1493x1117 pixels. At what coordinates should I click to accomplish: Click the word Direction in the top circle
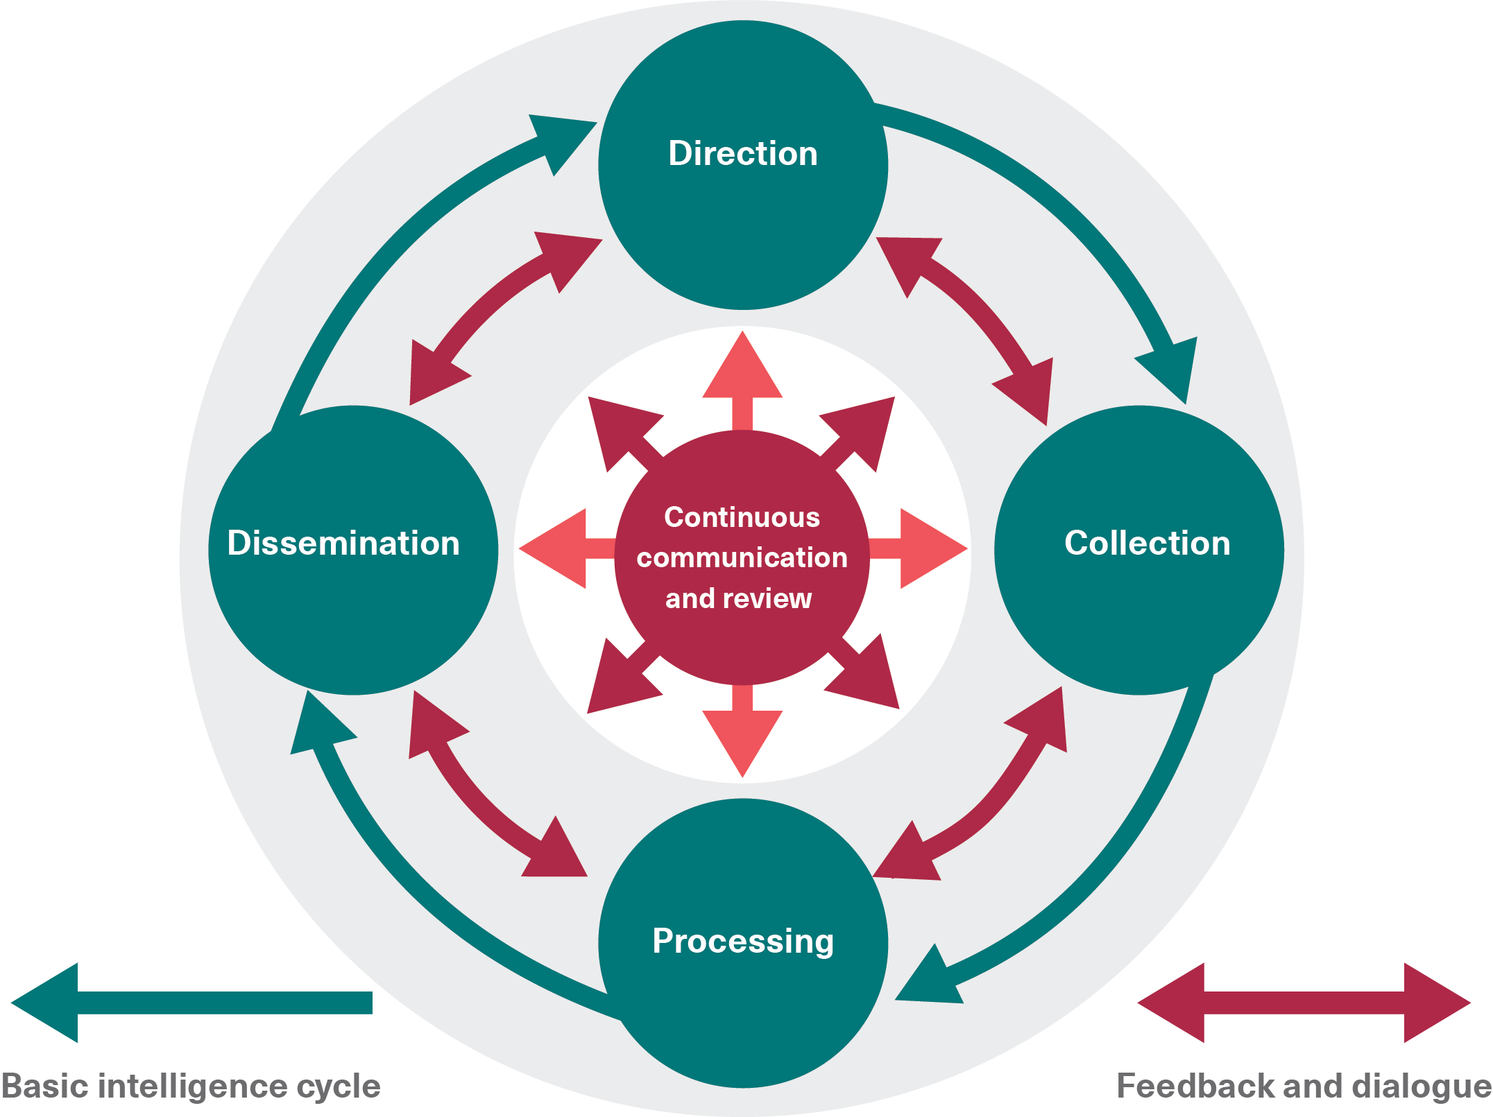pos(742,153)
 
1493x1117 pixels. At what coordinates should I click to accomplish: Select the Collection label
pos(1147,543)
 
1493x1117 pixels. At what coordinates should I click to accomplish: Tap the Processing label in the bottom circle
pos(742,941)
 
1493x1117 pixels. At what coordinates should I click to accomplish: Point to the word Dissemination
pos(343,543)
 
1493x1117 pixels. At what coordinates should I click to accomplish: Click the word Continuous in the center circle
pos(742,517)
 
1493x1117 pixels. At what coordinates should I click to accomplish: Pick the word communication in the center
pos(742,557)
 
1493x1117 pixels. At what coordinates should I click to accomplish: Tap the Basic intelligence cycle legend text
pos(191,1086)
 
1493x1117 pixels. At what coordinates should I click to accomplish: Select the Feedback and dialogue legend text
pos(1304,1086)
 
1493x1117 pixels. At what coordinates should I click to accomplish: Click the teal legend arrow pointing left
pos(191,1003)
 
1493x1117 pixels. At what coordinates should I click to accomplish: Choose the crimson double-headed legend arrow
pos(1304,1003)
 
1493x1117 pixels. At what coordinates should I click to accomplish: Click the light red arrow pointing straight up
pos(742,374)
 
